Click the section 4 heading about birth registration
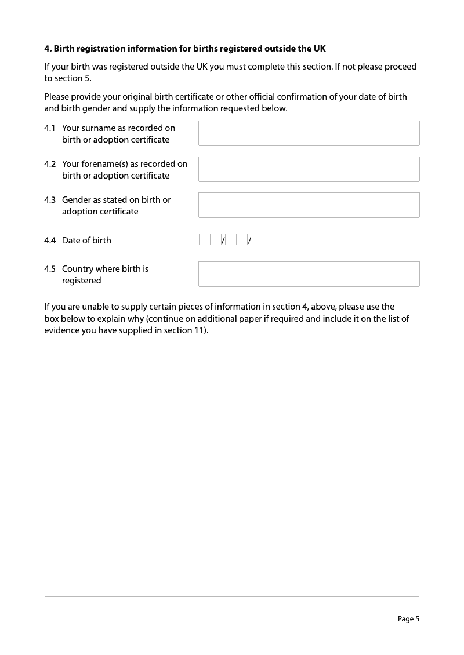coord(185,48)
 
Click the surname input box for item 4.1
coord(309,133)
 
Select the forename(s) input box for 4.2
coord(309,169)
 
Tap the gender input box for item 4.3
coord(309,205)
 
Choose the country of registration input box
coord(309,274)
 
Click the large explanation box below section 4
coord(232,468)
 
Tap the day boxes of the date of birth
coord(210,239)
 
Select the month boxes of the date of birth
coord(236,239)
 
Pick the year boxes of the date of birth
coord(274,239)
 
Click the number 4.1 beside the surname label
coord(50,128)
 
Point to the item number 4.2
coord(50,164)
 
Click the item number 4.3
coord(50,200)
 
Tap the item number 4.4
coord(50,241)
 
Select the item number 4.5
coord(50,269)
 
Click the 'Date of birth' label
coord(86,241)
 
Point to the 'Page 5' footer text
coord(408,619)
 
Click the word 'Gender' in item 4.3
coord(77,200)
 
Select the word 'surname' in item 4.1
coord(99,128)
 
